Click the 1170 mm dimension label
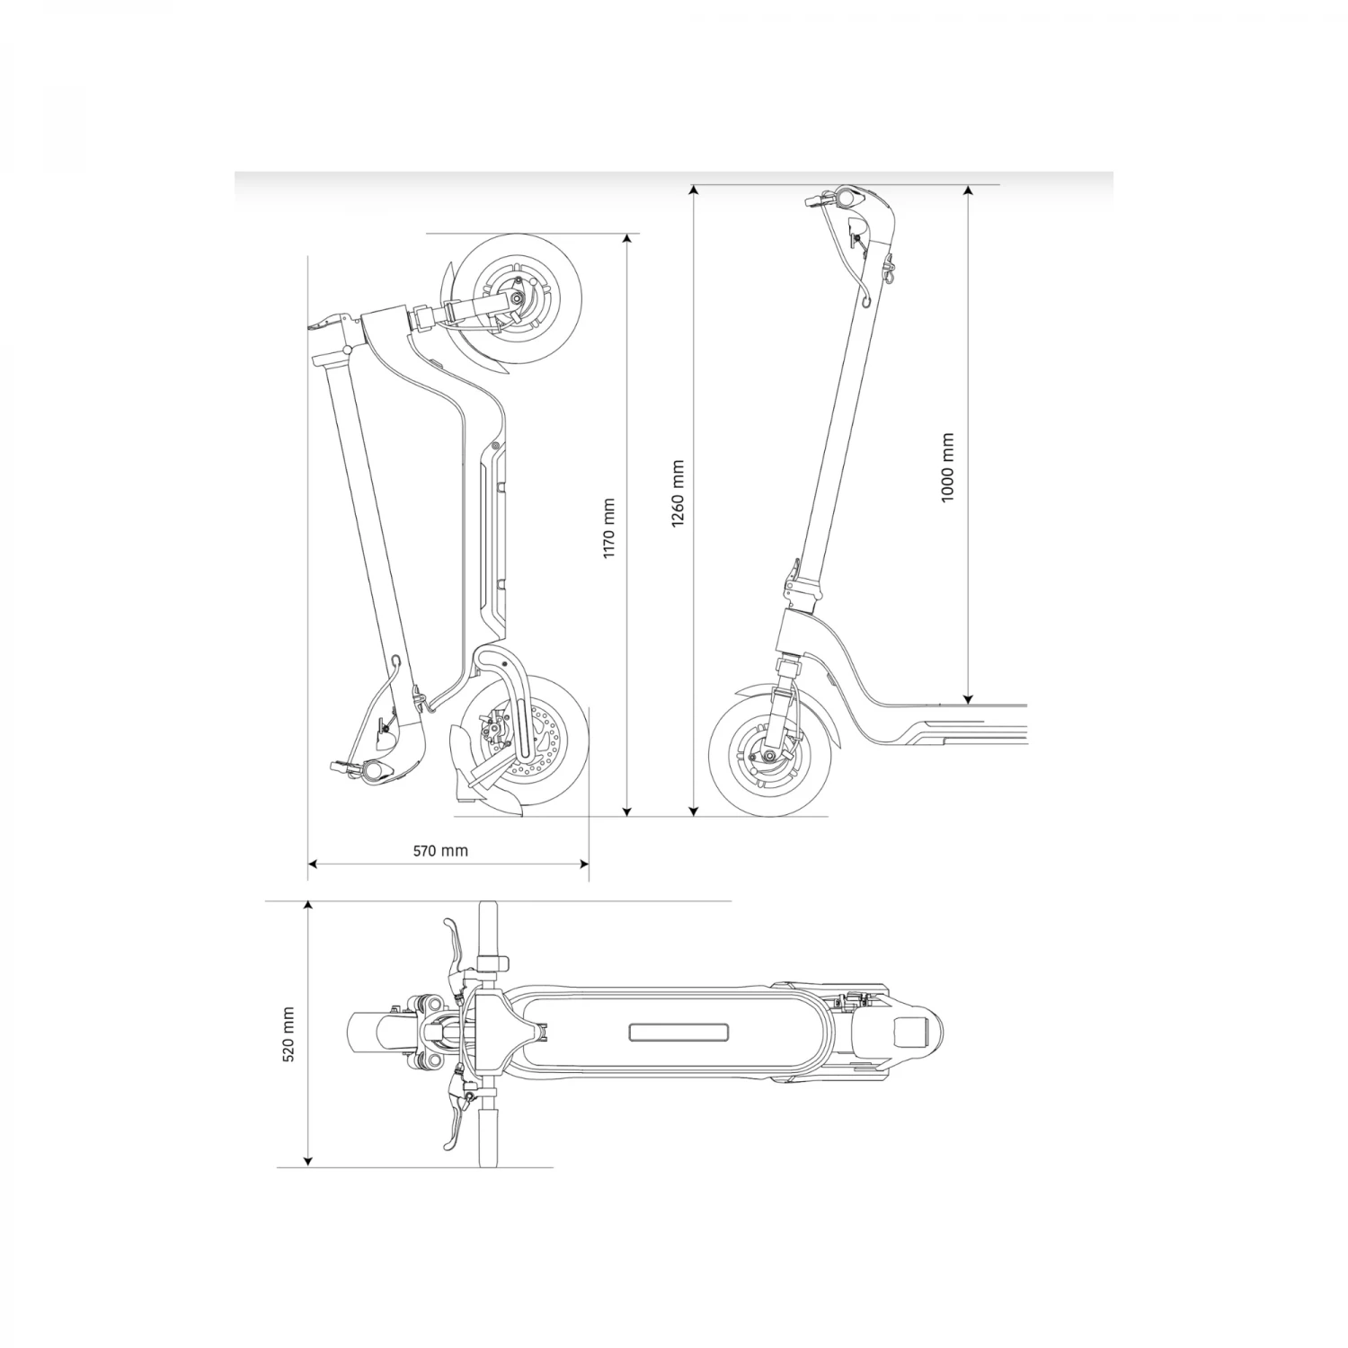click(x=608, y=529)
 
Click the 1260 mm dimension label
click(x=678, y=494)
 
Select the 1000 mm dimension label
click(x=947, y=468)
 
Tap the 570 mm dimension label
click(x=440, y=850)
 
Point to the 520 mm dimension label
click(x=289, y=1034)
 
